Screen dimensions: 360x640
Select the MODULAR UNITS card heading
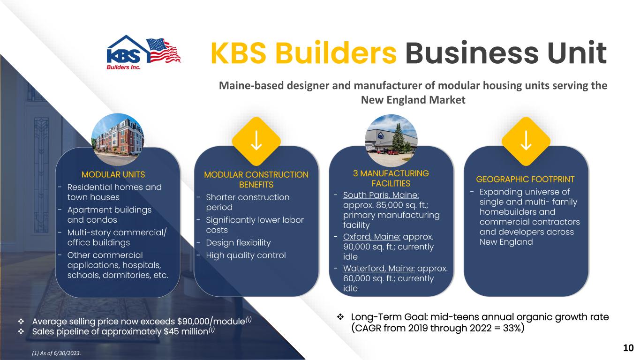[x=113, y=175]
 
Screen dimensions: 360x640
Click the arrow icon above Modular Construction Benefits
[x=256, y=140]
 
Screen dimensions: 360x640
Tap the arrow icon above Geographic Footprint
[x=526, y=140]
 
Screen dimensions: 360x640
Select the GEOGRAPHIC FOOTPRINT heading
[x=525, y=179]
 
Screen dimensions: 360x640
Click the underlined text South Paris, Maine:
[x=381, y=195]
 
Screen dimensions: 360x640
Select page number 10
[x=628, y=347]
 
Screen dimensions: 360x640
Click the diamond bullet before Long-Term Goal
[x=341, y=318]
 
